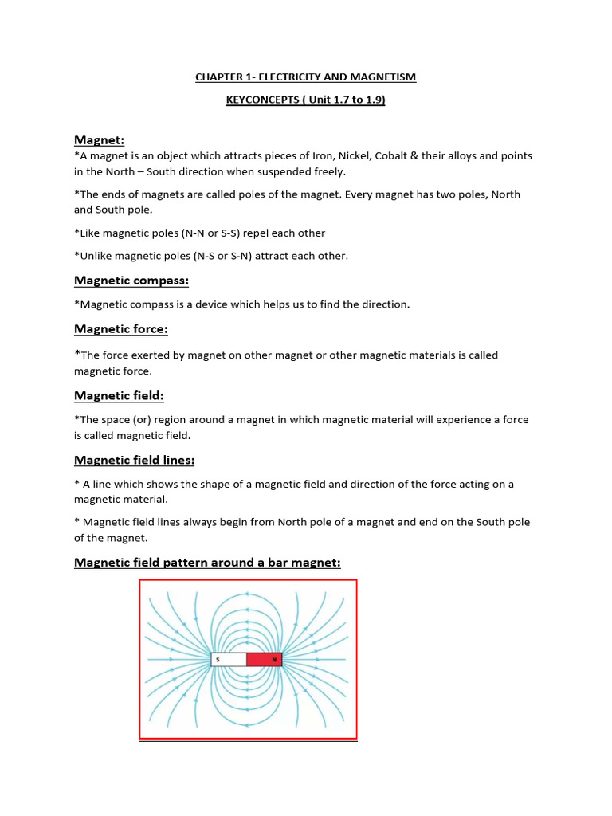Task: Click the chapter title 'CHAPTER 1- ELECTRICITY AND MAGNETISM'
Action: (x=306, y=77)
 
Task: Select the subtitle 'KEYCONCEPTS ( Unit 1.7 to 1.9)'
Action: (x=306, y=101)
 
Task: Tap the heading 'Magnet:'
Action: (x=99, y=140)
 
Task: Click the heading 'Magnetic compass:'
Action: (x=131, y=280)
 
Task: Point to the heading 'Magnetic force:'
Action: (x=121, y=329)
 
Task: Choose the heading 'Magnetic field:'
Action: (x=119, y=395)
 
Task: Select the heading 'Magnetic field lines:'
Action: (x=135, y=460)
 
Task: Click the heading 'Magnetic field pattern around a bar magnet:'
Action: (x=207, y=563)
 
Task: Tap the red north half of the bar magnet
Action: (x=265, y=660)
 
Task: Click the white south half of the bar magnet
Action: (x=229, y=660)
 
